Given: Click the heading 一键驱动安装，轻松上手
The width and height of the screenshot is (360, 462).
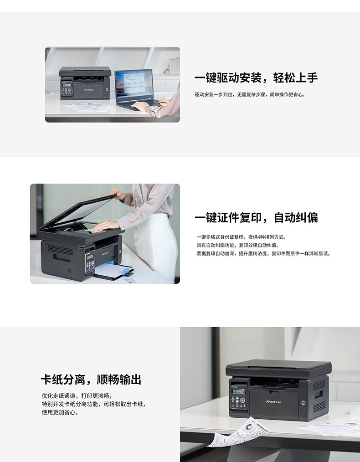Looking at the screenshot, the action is coord(256,78).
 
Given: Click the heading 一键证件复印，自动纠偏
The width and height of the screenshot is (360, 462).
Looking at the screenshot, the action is coord(256,218).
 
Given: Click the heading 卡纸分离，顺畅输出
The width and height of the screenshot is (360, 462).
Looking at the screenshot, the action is coord(91,380).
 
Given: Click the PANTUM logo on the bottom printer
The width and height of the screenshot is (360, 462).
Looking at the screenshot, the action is coord(273,402).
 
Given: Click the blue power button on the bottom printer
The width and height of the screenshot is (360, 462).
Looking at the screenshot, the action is coord(303,403).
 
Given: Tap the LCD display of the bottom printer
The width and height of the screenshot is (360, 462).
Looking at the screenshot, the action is coord(238,391).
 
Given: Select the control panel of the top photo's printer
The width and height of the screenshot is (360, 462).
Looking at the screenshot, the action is coord(67,88).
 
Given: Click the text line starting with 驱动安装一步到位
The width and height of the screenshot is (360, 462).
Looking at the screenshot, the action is coord(250,95).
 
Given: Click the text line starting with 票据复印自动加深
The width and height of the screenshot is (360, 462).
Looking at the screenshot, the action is coord(263,253).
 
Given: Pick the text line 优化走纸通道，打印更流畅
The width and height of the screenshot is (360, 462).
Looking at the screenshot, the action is coord(77,395).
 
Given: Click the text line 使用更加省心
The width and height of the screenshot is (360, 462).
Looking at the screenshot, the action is coord(61,412).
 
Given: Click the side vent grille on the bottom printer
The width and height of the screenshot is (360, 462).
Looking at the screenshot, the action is coord(319,395).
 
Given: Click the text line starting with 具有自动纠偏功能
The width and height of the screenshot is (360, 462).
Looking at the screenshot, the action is coord(237,245).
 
